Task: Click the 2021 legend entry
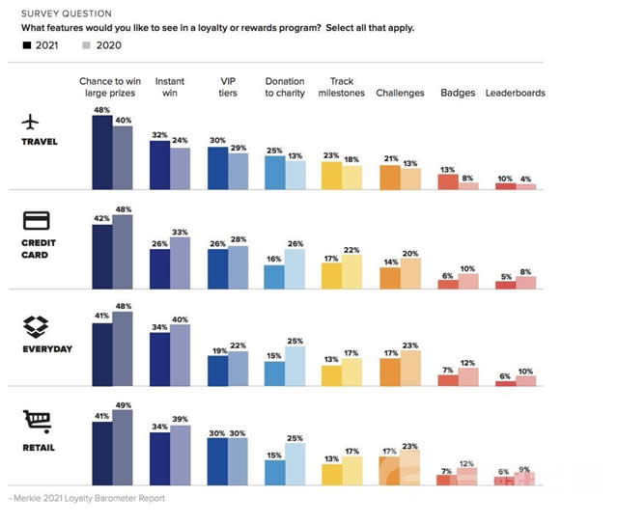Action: click(40, 45)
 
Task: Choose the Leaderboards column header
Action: click(516, 94)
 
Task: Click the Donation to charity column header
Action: click(285, 87)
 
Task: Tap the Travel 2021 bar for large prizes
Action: click(102, 152)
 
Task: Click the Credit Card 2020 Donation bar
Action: click(295, 268)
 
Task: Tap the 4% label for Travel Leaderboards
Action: click(525, 178)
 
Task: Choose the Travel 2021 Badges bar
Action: click(448, 180)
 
